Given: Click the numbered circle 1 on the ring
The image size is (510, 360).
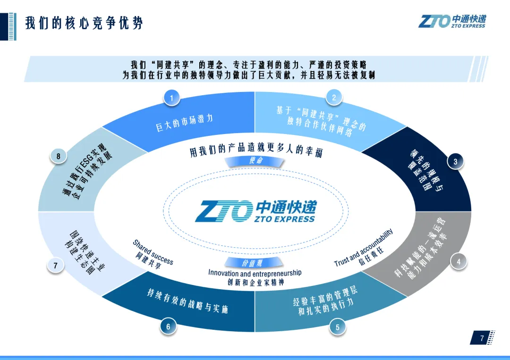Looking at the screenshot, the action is (x=172, y=98).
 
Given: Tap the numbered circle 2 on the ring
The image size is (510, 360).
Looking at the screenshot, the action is (x=334, y=98).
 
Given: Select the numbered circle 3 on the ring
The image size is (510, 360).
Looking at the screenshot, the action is (x=455, y=162).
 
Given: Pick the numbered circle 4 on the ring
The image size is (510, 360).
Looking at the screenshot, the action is (x=458, y=262).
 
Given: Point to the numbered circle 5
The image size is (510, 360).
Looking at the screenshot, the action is (x=337, y=327).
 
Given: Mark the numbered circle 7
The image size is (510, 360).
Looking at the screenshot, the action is (x=56, y=266).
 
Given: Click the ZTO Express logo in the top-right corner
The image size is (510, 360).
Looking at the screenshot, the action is (x=451, y=21).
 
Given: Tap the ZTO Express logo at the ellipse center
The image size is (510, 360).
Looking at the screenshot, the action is (x=255, y=211).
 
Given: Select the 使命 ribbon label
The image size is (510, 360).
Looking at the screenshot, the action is (x=255, y=161).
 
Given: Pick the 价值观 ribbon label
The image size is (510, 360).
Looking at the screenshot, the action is (x=255, y=263).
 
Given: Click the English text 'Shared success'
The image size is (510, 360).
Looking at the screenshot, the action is (x=153, y=252).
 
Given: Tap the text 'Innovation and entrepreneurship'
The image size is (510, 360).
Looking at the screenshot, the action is (x=255, y=273).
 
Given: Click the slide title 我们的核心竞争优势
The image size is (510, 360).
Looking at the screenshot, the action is (x=84, y=23).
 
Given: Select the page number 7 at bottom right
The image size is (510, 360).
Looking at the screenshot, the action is (x=482, y=338).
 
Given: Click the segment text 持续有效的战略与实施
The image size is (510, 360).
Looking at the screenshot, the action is (x=187, y=301).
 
